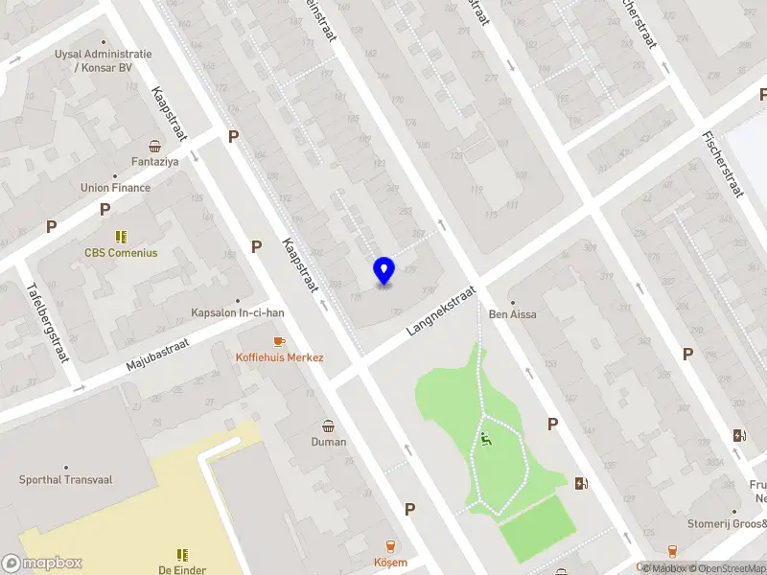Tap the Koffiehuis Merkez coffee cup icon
pos(279,341)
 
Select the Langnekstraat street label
pos(441,309)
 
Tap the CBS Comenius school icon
pos(121,236)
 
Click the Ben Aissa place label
pos(512,314)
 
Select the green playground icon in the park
pos(486,440)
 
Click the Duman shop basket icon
pos(329,425)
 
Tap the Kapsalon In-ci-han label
pos(238,312)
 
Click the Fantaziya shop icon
pos(154,147)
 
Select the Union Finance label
pos(115,188)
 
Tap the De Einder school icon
pos(182,554)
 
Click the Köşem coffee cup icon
pos(390,545)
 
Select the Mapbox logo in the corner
pos(42,563)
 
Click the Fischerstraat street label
pos(723,164)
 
